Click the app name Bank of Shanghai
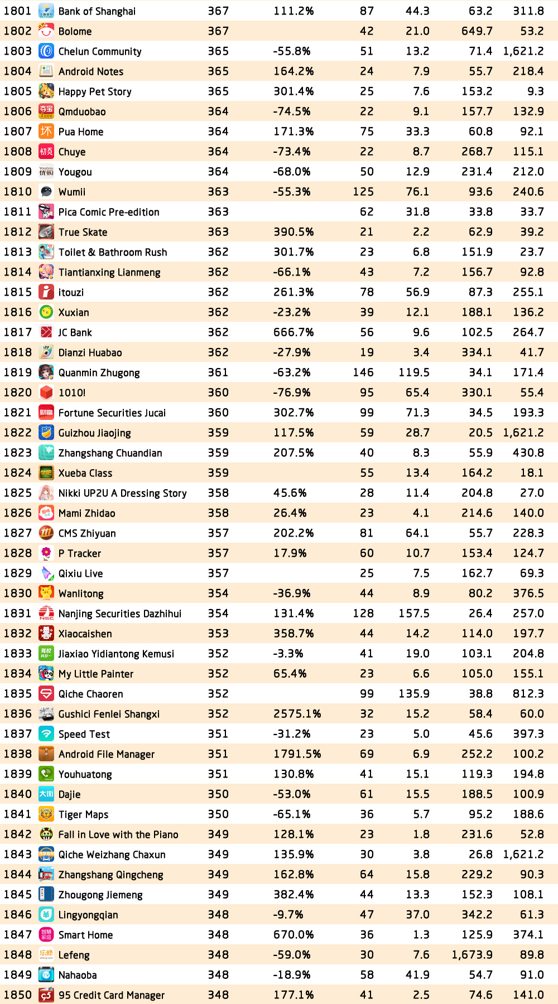97,11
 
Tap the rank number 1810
18,192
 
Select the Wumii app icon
46,192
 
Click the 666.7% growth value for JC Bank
294,332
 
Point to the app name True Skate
83,232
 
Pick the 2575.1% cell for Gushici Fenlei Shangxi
297,714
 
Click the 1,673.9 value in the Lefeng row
472,955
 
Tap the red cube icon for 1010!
46,393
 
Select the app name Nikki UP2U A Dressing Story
122,493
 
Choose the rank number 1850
18,995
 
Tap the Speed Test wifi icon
46,734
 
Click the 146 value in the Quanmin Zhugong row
363,373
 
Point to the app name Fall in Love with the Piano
118,834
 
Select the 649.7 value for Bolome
477,31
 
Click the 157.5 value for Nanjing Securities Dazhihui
414,614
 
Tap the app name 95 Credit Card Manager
112,995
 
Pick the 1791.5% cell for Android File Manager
297,754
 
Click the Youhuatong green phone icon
46,774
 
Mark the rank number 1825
18,493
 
